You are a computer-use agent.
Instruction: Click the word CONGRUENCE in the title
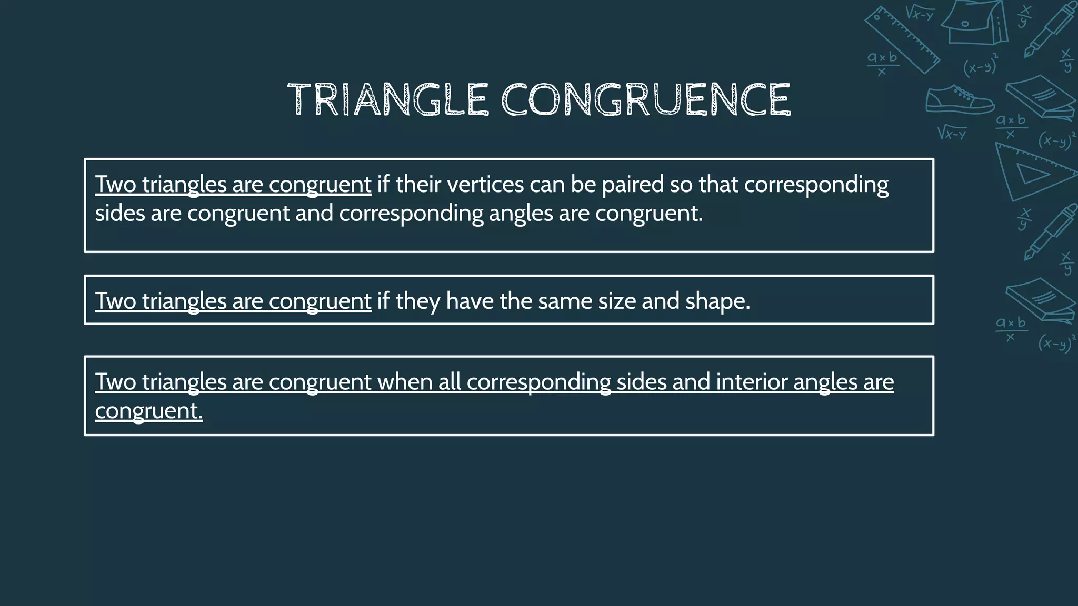pyautogui.click(x=645, y=99)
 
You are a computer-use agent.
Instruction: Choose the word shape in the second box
pyautogui.click(x=717, y=301)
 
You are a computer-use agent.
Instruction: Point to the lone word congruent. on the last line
pyautogui.click(x=148, y=411)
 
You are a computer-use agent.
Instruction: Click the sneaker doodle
pyautogui.click(x=959, y=100)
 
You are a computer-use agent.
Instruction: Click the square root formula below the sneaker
pyautogui.click(x=952, y=133)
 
